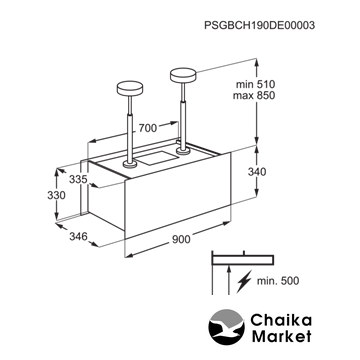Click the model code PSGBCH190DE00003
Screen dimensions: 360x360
(259, 26)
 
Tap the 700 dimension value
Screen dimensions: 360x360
(148, 128)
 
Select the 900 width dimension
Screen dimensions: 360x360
(182, 239)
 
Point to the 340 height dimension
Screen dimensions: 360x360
(257, 172)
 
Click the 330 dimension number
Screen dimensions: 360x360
(56, 195)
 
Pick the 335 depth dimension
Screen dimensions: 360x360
(78, 179)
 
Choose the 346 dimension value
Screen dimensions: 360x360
(78, 237)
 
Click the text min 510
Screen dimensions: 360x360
(255, 84)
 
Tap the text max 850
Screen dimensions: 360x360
(254, 95)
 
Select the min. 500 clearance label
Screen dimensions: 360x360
(278, 281)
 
